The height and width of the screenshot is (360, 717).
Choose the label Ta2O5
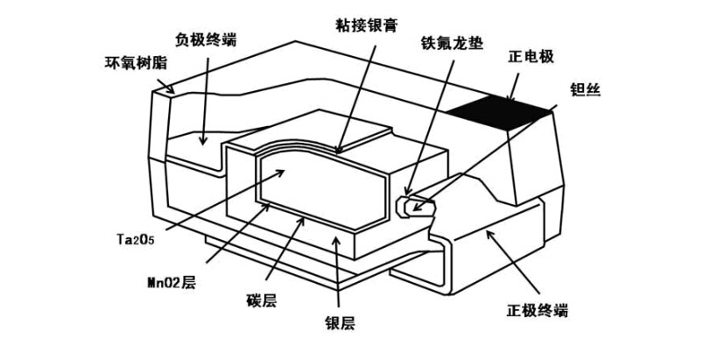tap(136, 238)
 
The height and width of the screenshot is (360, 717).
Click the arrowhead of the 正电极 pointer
tap(504, 98)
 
